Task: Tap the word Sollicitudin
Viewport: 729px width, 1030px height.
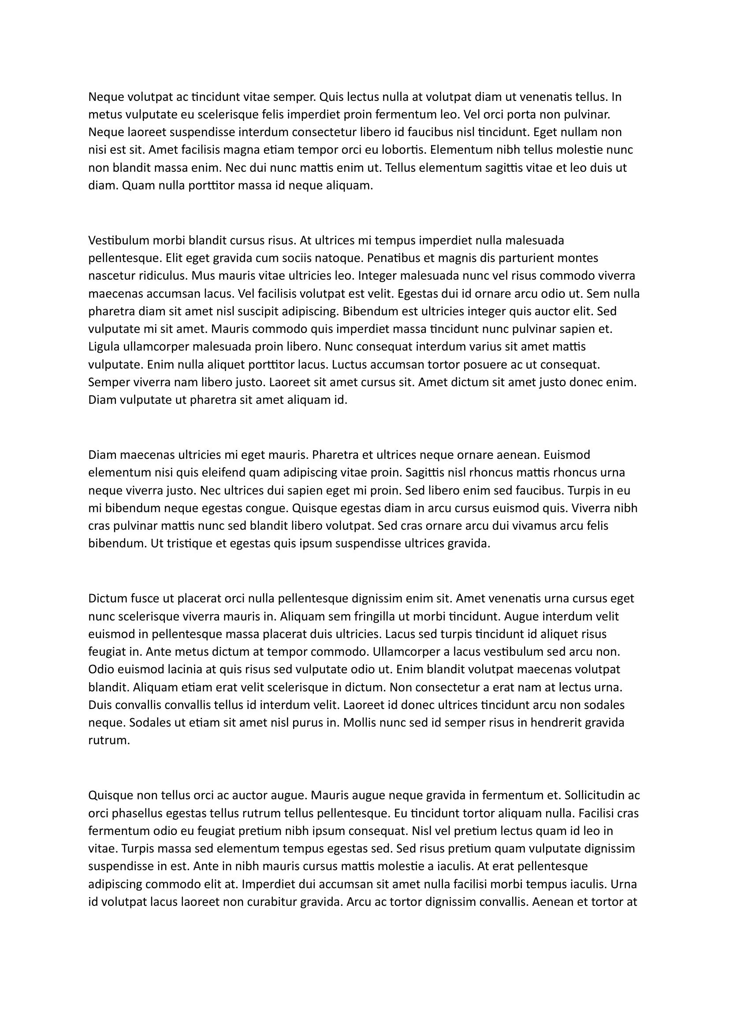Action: click(x=594, y=795)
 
